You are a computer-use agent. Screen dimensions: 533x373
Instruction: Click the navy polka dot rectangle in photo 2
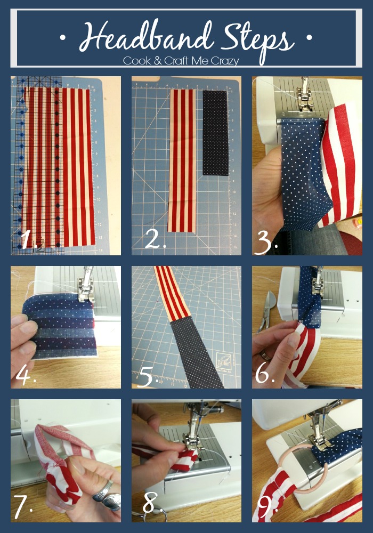[x=215, y=133]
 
